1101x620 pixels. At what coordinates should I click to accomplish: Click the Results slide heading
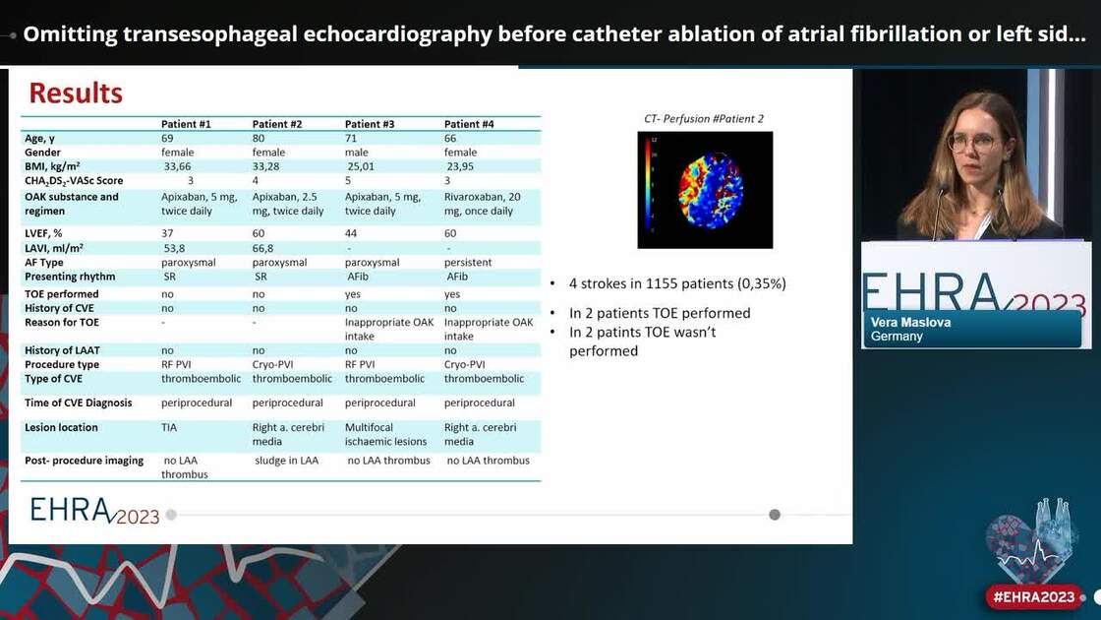[76, 93]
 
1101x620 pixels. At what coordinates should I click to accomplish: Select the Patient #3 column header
[370, 124]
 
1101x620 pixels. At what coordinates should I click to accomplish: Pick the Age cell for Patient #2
[259, 139]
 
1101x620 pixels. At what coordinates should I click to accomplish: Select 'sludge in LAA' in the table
[286, 461]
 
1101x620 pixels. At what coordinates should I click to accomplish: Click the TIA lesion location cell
[170, 428]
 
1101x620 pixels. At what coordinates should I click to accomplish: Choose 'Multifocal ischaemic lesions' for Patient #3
[387, 435]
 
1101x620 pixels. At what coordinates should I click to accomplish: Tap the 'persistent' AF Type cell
[469, 263]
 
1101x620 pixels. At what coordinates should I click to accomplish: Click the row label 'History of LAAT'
[62, 350]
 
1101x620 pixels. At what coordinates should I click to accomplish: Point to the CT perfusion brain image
[705, 189]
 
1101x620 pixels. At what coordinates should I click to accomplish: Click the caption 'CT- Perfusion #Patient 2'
[704, 119]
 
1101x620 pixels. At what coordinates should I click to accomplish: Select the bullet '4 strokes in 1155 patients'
[677, 283]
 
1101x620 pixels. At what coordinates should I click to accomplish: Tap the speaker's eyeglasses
[971, 144]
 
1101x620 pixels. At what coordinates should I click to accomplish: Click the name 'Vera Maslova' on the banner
[910, 323]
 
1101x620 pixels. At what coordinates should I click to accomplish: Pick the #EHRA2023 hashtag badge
[1033, 597]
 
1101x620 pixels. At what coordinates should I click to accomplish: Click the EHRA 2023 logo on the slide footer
[94, 510]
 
